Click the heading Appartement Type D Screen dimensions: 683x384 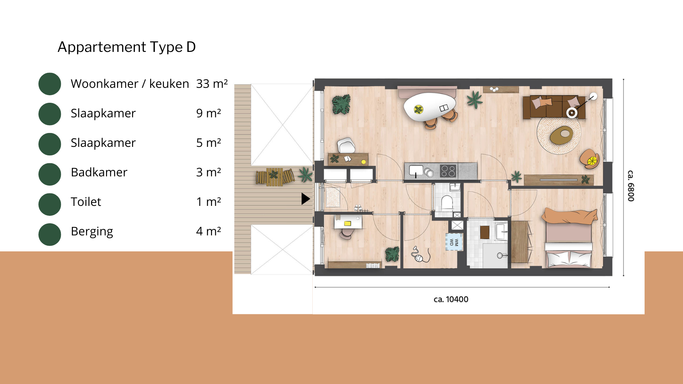click(x=127, y=47)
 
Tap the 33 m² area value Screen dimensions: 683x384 click(x=212, y=84)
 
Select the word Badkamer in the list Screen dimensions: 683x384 click(x=99, y=172)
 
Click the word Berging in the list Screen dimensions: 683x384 click(x=92, y=231)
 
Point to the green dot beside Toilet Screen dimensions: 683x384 click(x=50, y=204)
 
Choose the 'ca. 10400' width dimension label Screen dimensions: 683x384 click(x=451, y=299)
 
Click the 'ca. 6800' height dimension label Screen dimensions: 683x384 click(x=631, y=186)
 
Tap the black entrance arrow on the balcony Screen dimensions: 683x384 click(x=306, y=199)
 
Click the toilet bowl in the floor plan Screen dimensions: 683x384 click(x=447, y=202)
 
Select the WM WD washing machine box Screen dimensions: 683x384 click(x=454, y=242)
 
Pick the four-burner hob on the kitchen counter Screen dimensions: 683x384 click(x=448, y=171)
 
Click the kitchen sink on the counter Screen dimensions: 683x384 click(x=416, y=171)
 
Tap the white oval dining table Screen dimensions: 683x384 click(x=430, y=107)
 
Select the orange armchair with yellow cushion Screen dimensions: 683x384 click(x=590, y=159)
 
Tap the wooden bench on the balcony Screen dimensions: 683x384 click(x=275, y=177)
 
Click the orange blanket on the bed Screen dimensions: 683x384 click(x=570, y=216)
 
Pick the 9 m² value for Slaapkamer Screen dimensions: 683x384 click(x=208, y=113)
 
